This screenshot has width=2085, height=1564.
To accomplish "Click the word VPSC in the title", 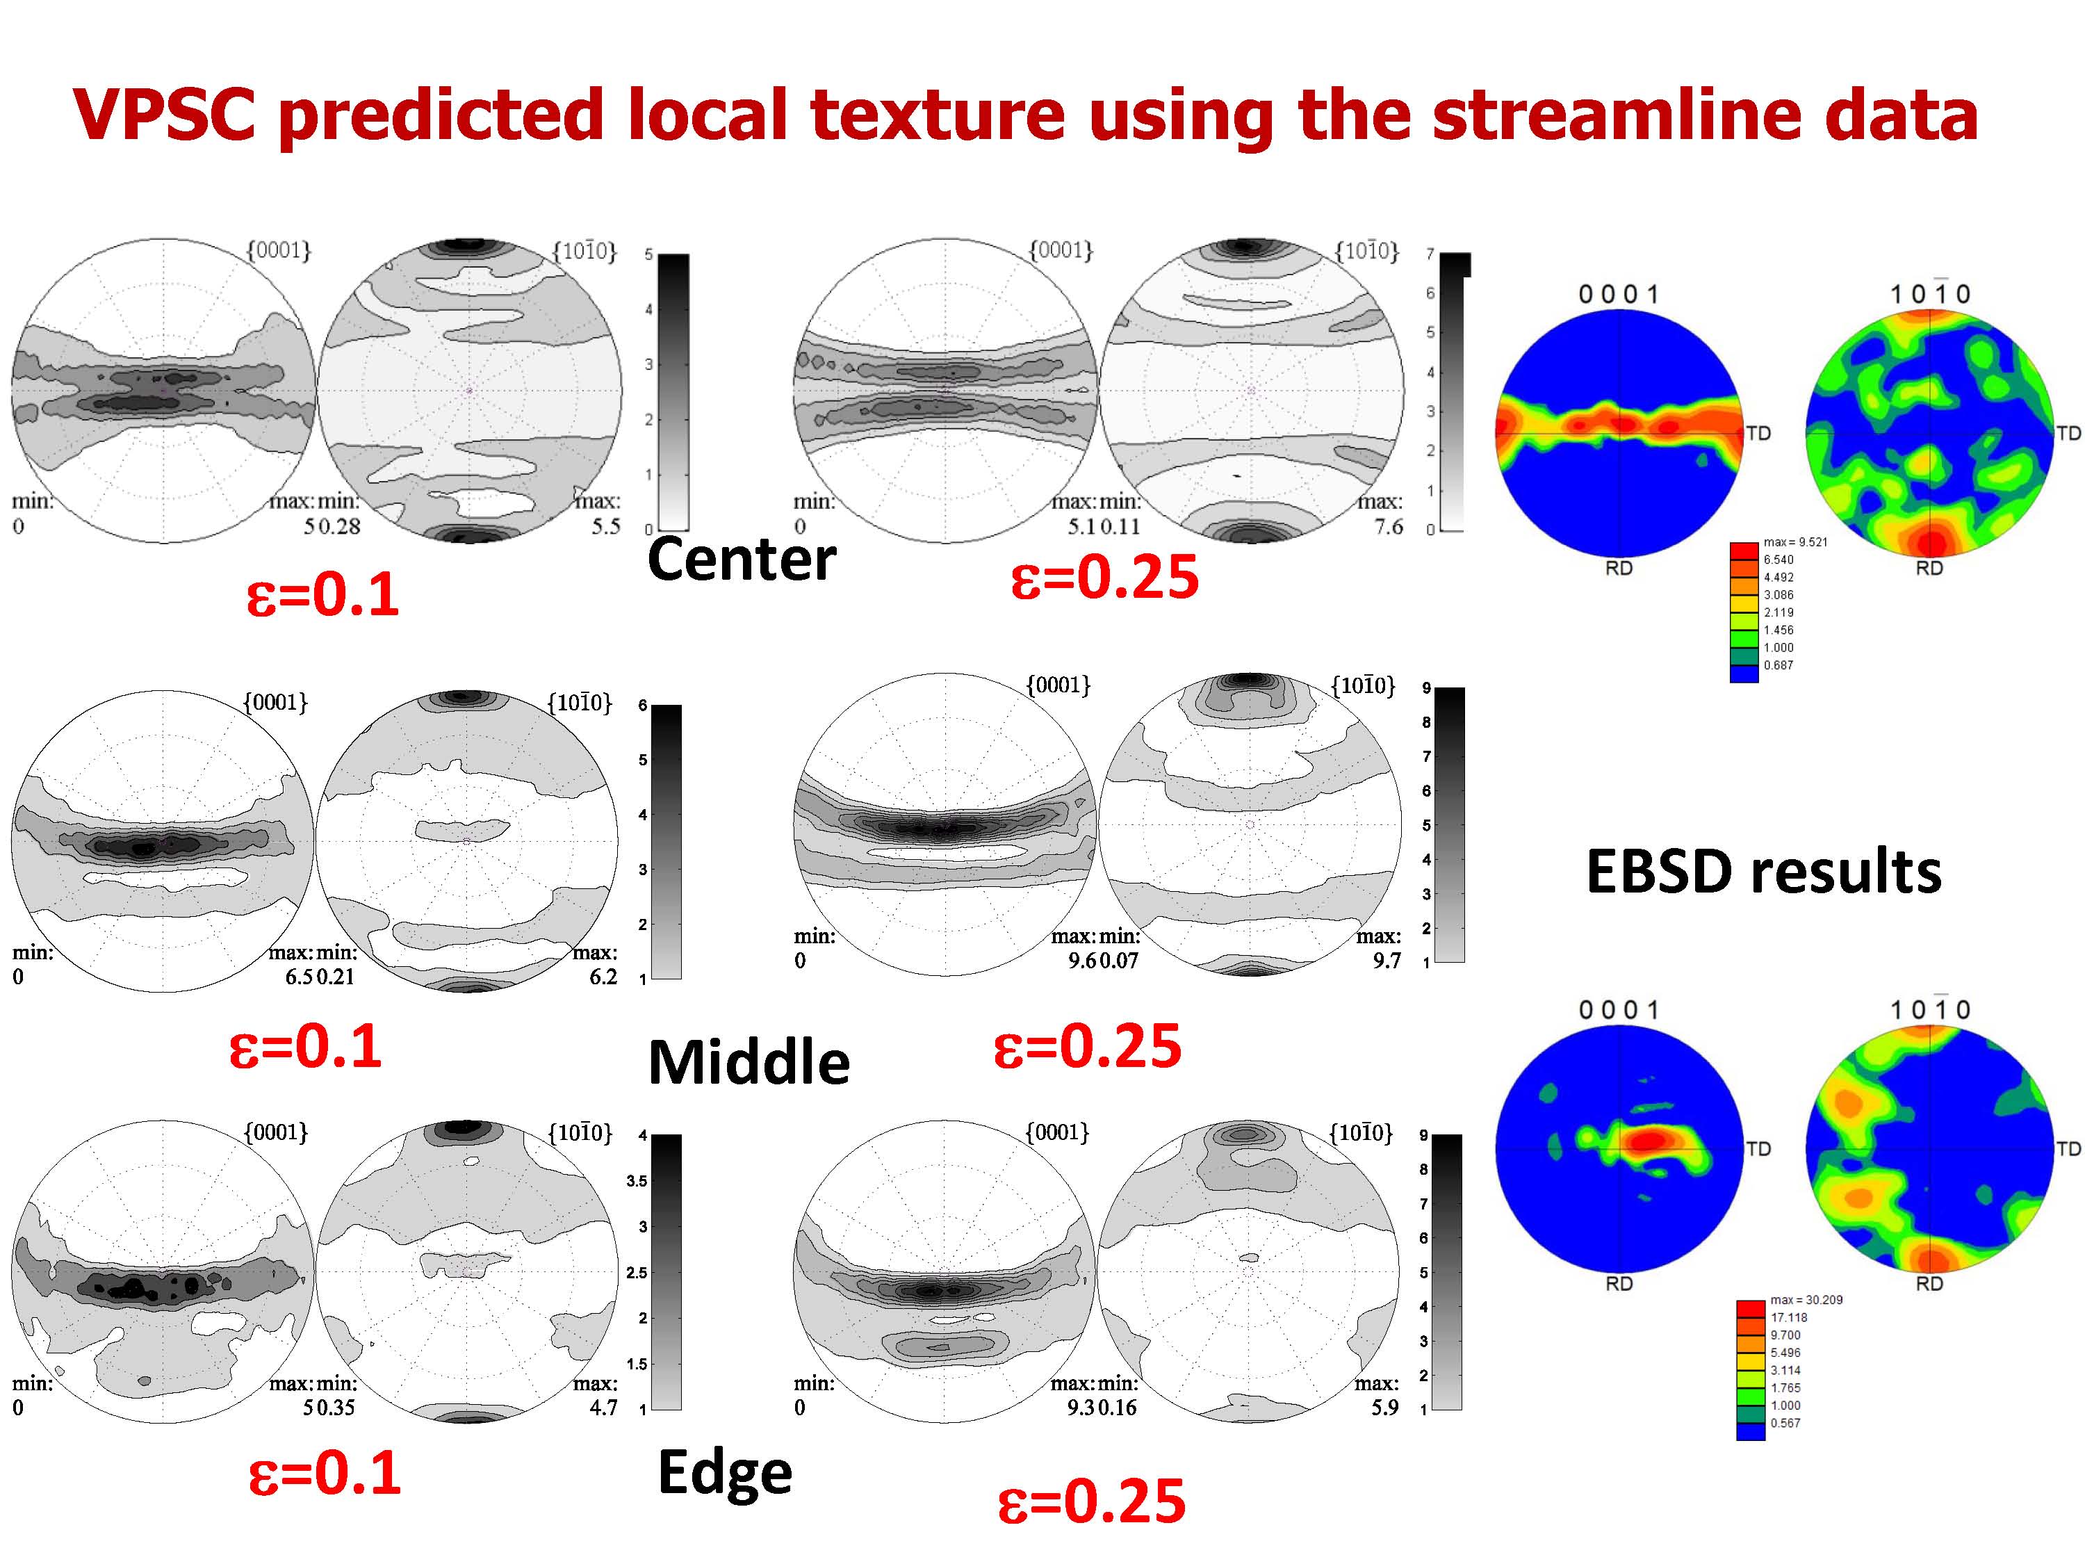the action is click(164, 114).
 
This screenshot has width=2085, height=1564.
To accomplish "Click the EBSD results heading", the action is click(1764, 870).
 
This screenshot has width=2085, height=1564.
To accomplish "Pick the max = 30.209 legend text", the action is click(1806, 1300).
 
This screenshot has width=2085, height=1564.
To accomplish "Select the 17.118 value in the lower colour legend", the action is click(1789, 1318).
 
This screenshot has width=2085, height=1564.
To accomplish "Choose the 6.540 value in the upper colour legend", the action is click(1779, 560).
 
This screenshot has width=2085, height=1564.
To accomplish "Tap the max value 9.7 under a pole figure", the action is click(1387, 961).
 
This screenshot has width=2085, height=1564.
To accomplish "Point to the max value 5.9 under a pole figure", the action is click(1384, 1408).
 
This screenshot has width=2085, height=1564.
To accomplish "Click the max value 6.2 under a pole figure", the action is click(603, 977).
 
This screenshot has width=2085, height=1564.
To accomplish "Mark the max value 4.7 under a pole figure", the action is click(603, 1408).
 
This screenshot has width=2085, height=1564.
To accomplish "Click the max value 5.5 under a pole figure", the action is click(606, 526).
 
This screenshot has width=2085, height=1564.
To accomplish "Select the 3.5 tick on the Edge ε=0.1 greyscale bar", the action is click(637, 1181).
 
